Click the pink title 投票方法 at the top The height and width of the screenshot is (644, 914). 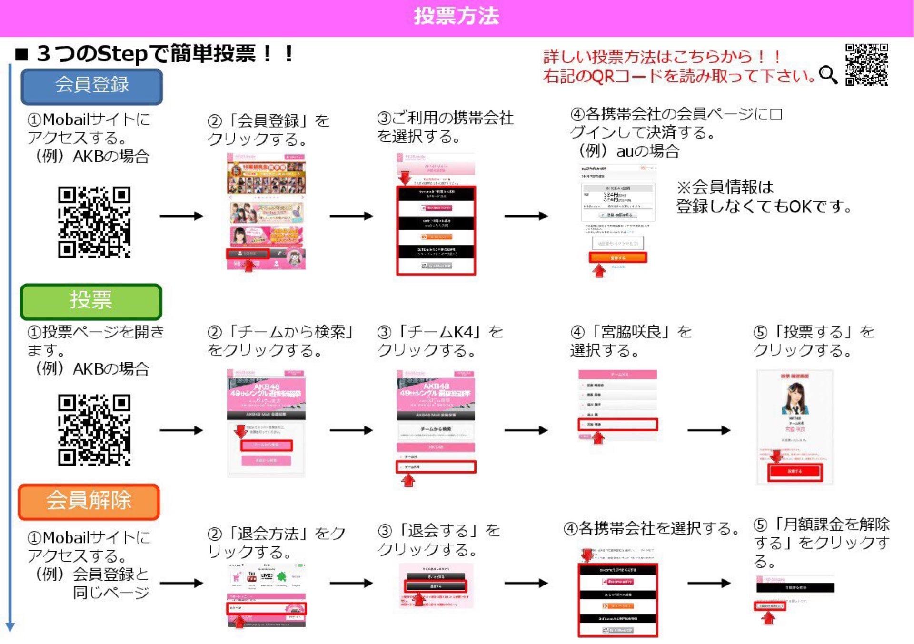(x=456, y=16)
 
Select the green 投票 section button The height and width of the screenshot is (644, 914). (x=91, y=301)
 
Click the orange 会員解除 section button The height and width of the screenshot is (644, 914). (x=89, y=501)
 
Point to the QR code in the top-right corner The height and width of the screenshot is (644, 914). (x=866, y=65)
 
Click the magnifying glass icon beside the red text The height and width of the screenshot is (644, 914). (x=828, y=75)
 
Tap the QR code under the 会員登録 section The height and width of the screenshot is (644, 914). (x=94, y=222)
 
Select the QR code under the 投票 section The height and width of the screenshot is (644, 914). (x=94, y=429)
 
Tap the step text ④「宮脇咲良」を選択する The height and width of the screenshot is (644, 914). (x=630, y=341)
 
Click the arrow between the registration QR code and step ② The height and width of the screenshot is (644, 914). (x=181, y=216)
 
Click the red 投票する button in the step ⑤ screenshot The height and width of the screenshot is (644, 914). (x=795, y=471)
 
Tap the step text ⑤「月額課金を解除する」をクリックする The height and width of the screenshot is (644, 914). (x=821, y=543)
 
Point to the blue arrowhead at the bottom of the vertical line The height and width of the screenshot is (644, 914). (x=10, y=627)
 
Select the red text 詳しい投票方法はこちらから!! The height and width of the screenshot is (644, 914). (x=662, y=57)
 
